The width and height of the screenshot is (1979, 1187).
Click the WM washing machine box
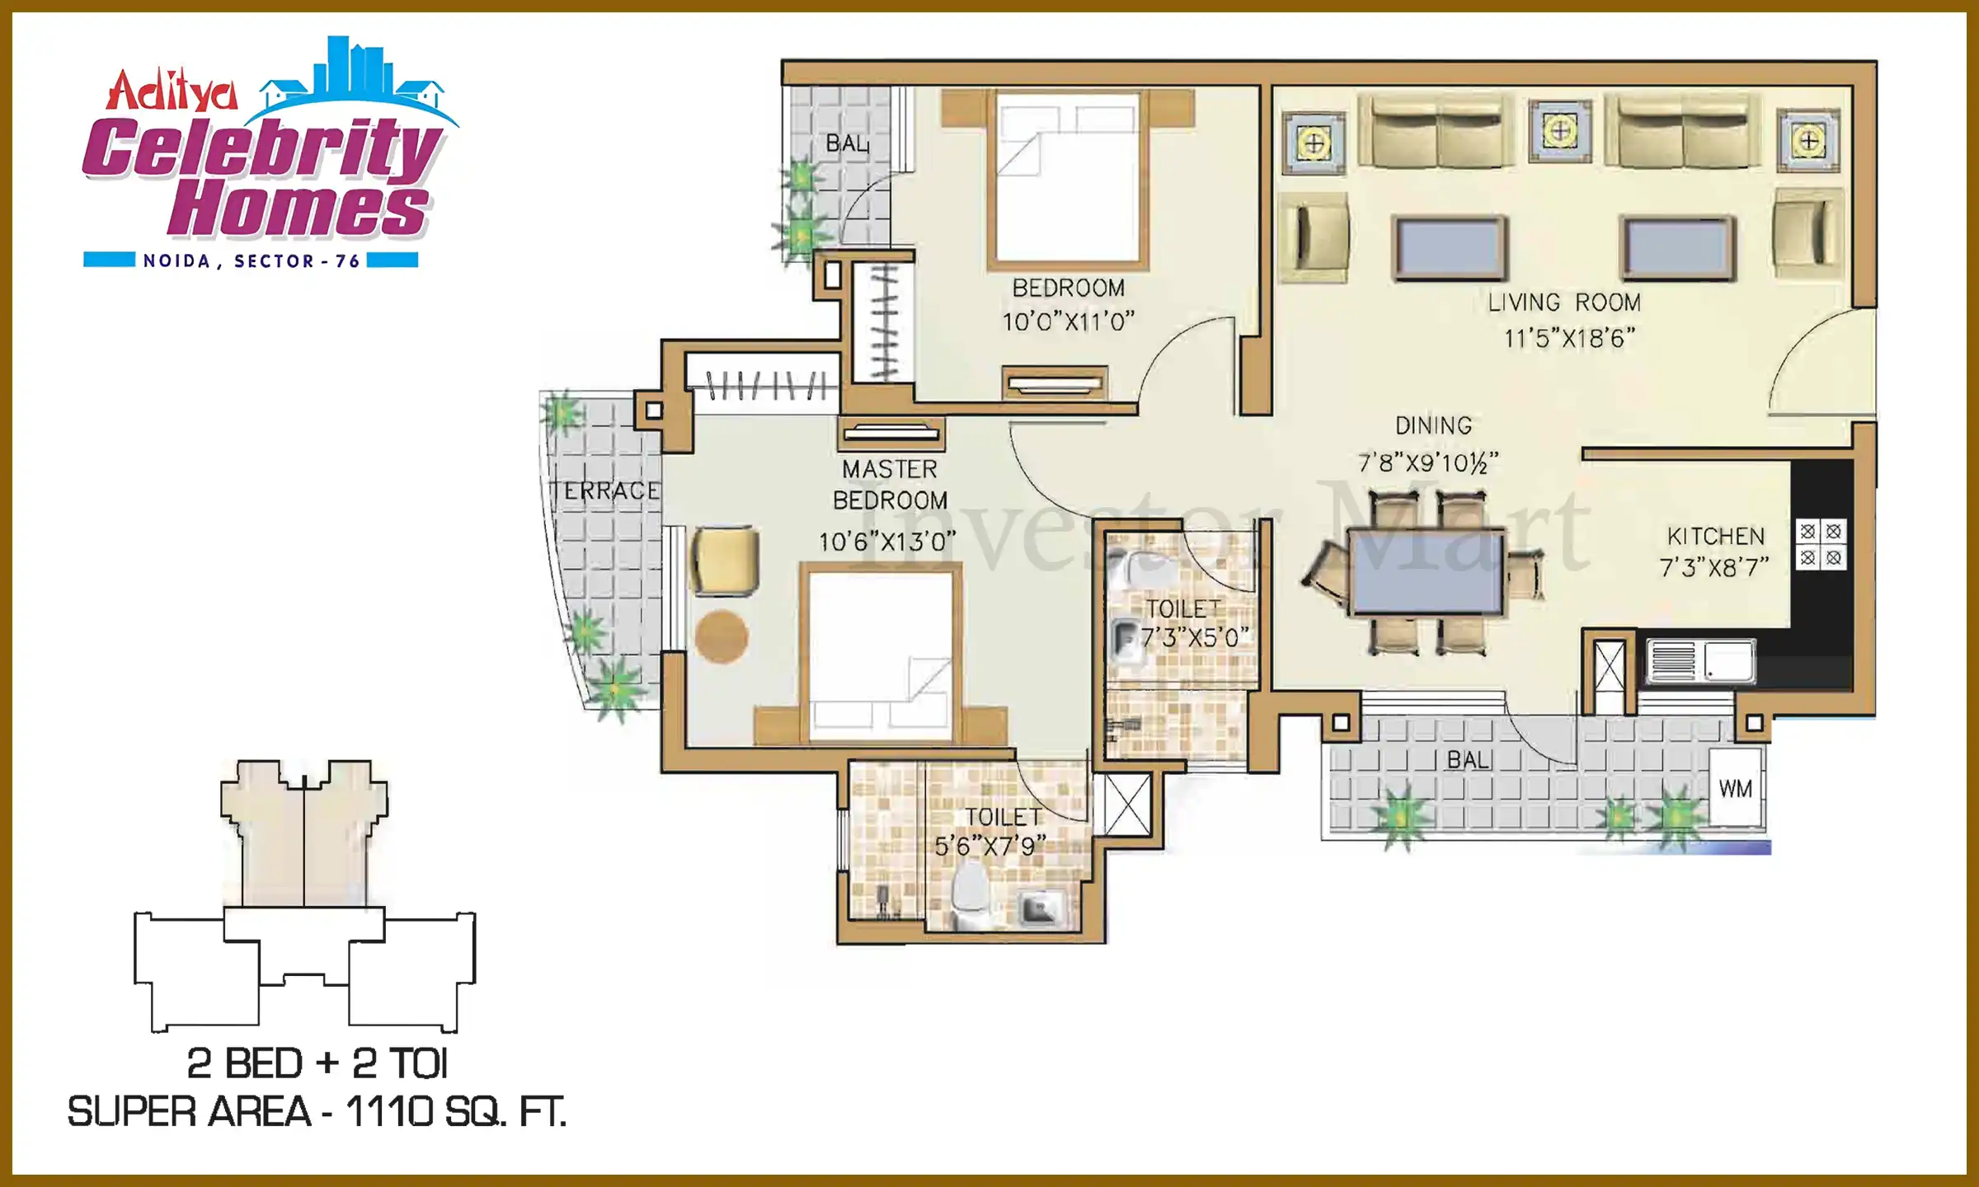[x=1737, y=787]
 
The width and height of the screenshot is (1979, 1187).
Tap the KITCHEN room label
[x=1716, y=537]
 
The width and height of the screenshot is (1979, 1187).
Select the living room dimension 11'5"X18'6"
[x=1569, y=338]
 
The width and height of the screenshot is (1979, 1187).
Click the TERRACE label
[x=606, y=490]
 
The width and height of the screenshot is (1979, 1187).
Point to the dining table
[x=1427, y=571]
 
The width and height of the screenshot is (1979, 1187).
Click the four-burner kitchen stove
[x=1821, y=544]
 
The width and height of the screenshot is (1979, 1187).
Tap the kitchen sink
[x=1701, y=661]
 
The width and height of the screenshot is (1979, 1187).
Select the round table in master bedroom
[x=722, y=636]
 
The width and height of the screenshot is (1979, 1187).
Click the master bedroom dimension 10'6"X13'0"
[x=887, y=542]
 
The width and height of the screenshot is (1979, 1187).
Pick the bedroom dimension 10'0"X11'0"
[x=1069, y=321]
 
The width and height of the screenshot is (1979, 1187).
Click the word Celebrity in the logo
[x=262, y=148]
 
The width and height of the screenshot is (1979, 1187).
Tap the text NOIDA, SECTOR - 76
[x=251, y=261]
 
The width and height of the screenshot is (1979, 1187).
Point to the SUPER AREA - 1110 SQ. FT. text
[x=317, y=1112]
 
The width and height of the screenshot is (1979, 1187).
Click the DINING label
[x=1433, y=425]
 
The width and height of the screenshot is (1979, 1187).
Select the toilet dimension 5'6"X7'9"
[x=989, y=846]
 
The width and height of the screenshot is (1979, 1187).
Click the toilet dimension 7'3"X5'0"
[x=1195, y=637]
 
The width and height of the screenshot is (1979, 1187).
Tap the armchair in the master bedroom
[x=725, y=561]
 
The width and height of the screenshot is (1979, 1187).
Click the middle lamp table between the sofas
[x=1560, y=130]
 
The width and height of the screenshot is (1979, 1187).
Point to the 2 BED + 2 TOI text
[x=317, y=1063]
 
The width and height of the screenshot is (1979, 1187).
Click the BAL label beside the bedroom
[x=848, y=143]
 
